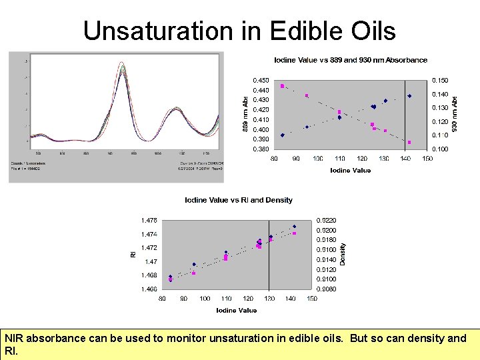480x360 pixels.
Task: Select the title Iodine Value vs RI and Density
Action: pyautogui.click(x=239, y=199)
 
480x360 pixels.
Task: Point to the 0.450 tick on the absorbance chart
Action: pyautogui.click(x=261, y=81)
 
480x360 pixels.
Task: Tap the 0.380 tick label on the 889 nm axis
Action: pyautogui.click(x=261, y=149)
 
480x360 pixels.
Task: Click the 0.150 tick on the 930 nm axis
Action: pyautogui.click(x=440, y=81)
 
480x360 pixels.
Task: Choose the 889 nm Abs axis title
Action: pyautogui.click(x=245, y=113)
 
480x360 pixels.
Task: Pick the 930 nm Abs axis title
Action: pyautogui.click(x=455, y=113)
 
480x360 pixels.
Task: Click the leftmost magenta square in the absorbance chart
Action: pyautogui.click(x=283, y=86)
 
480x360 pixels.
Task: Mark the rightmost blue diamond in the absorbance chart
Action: pyautogui.click(x=409, y=96)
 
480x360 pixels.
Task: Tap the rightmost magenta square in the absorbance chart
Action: pyautogui.click(x=409, y=142)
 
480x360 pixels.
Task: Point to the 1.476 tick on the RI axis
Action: pyautogui.click(x=149, y=220)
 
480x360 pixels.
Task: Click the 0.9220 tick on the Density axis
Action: pyautogui.click(x=326, y=220)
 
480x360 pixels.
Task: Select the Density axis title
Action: pyautogui.click(x=343, y=253)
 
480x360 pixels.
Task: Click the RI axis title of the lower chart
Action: pyautogui.click(x=133, y=254)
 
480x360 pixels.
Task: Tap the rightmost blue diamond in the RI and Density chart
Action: pyautogui.click(x=294, y=227)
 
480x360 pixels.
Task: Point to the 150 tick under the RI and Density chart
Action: pyautogui.click(x=311, y=299)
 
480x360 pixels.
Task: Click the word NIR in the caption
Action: pyautogui.click(x=15, y=338)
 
